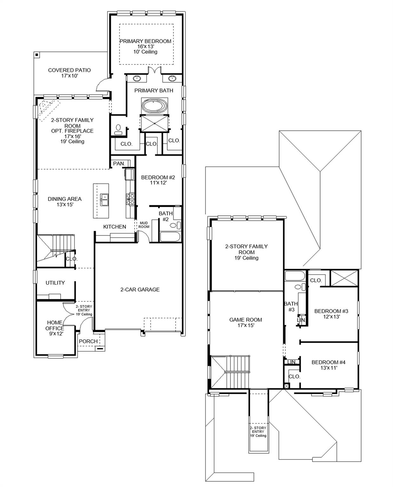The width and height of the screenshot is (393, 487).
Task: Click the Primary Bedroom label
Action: click(x=145, y=41)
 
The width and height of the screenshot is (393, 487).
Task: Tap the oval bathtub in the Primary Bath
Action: click(x=154, y=106)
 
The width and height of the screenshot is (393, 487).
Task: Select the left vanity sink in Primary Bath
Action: click(x=137, y=78)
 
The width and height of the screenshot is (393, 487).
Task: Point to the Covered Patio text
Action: click(x=69, y=70)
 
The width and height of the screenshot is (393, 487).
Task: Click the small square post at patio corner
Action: click(x=37, y=55)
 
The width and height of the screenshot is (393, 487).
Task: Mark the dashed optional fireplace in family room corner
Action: click(x=47, y=110)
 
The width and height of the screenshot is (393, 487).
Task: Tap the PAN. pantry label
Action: click(x=119, y=164)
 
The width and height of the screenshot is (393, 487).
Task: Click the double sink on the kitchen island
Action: click(x=104, y=200)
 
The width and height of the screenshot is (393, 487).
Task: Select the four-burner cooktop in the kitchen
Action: click(x=130, y=199)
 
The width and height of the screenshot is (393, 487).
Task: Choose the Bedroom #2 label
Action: click(x=158, y=178)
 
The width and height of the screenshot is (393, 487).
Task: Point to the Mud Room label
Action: click(x=144, y=225)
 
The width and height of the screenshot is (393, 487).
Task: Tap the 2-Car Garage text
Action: click(x=140, y=289)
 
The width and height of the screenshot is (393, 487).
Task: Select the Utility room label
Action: click(x=55, y=283)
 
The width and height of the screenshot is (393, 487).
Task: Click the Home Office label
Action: click(x=55, y=326)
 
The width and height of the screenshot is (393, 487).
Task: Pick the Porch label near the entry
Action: click(x=88, y=341)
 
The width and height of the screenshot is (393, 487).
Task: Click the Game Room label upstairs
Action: click(x=246, y=320)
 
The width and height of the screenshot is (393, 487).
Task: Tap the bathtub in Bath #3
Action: click(x=294, y=276)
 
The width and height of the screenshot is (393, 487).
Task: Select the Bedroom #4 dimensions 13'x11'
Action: click(x=328, y=368)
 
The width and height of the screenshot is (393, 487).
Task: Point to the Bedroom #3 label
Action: click(x=331, y=311)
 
